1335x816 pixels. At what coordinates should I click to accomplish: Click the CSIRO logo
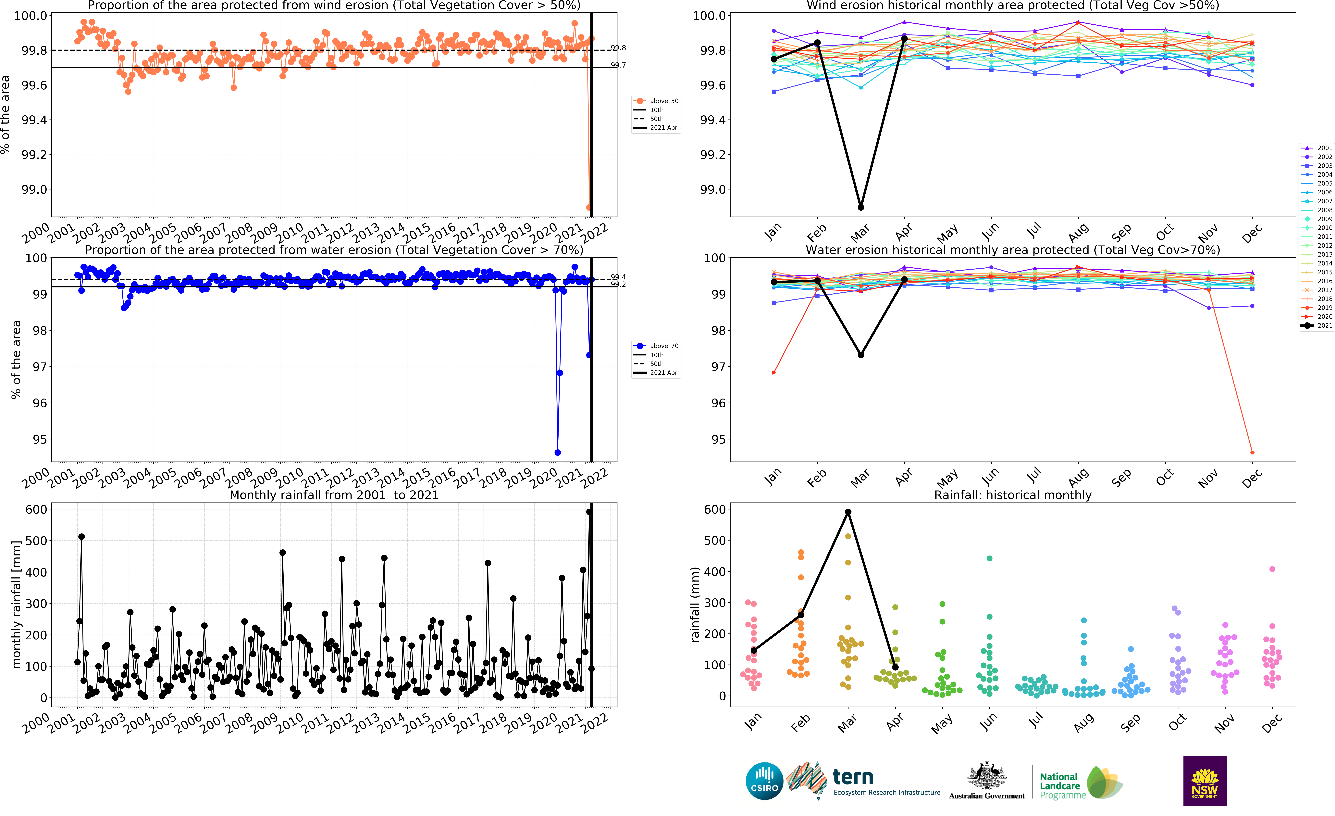[x=764, y=781]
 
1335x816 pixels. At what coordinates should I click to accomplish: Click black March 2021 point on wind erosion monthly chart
[x=861, y=208]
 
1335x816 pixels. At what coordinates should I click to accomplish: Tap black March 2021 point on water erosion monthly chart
[x=861, y=355]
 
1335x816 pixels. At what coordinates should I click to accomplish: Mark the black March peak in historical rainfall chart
[x=848, y=512]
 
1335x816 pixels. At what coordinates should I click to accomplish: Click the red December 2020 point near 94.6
[x=1252, y=452]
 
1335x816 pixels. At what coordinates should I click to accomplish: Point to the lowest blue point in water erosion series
[x=558, y=452]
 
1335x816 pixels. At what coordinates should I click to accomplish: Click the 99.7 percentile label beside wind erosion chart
[x=618, y=65]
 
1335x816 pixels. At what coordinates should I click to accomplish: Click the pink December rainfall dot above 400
[x=1272, y=569]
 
